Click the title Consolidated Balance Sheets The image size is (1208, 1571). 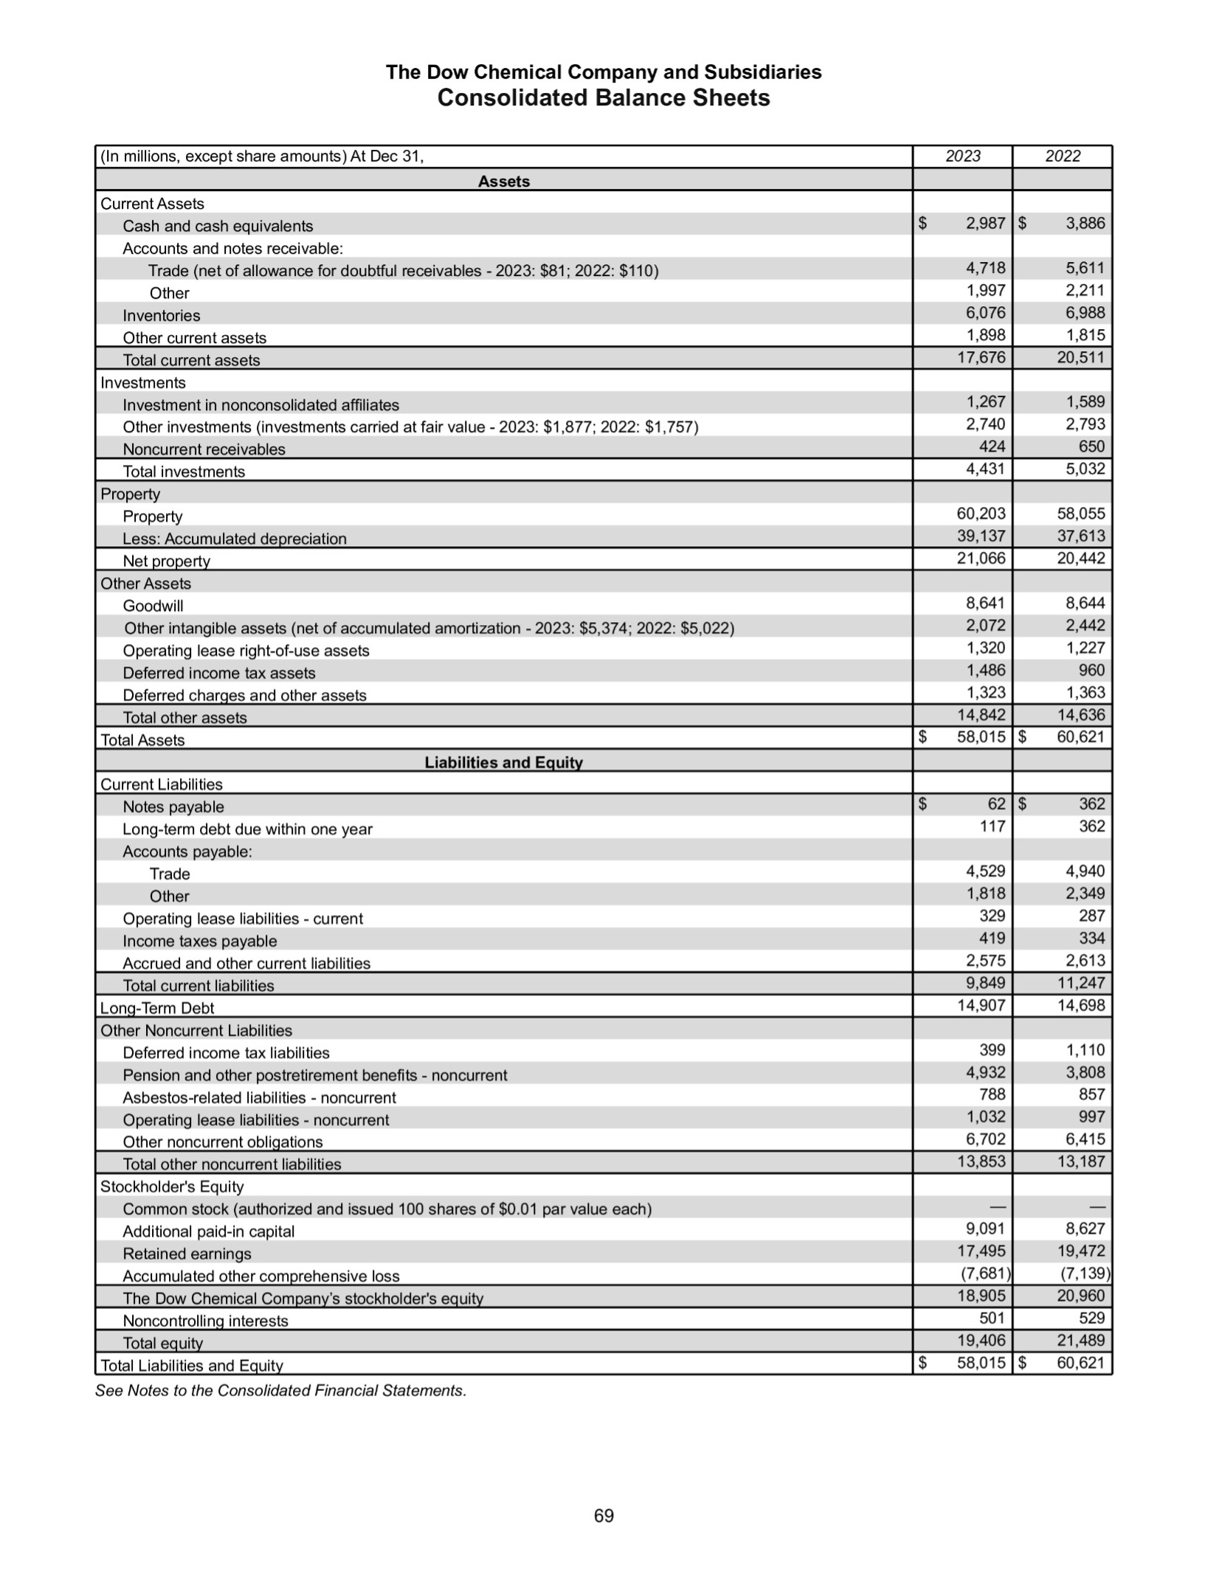coord(603,98)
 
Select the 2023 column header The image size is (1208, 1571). coord(962,156)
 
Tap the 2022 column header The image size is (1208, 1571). coord(1062,156)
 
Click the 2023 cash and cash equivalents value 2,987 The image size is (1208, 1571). coord(985,224)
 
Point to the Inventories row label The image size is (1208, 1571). coord(161,316)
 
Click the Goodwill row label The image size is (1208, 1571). coord(153,606)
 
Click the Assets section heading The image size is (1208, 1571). coord(503,182)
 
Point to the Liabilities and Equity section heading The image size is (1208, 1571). coord(503,763)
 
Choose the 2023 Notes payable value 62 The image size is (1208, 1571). coord(995,804)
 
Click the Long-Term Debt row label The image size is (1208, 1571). coord(157,1008)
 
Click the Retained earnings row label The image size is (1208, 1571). coord(187,1254)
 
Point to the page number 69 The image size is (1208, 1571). coord(604,1516)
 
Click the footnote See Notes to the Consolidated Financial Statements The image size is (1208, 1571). coord(280,1391)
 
